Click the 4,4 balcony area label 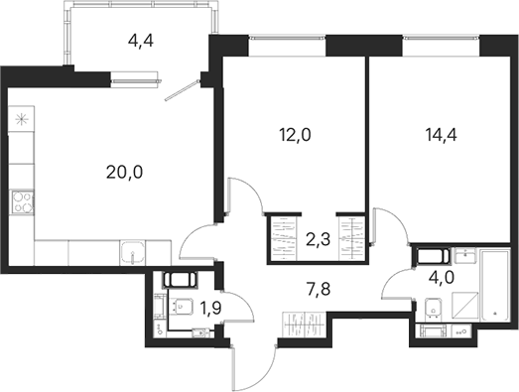(140, 41)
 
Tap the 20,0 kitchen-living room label (124, 172)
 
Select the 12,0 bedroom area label (296, 135)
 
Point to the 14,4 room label (442, 135)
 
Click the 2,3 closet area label (319, 239)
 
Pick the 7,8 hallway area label (319, 290)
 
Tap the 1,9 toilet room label (210, 309)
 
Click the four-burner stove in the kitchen (23, 202)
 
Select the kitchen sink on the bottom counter (133, 253)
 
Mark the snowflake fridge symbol (21, 119)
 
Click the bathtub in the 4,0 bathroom (494, 286)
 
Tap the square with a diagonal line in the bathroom (465, 306)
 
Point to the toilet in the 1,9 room (181, 306)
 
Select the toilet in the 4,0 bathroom (433, 308)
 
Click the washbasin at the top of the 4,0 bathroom (465, 255)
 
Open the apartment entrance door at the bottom (232, 368)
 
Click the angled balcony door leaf (182, 89)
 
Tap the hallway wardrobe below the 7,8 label (305, 325)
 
